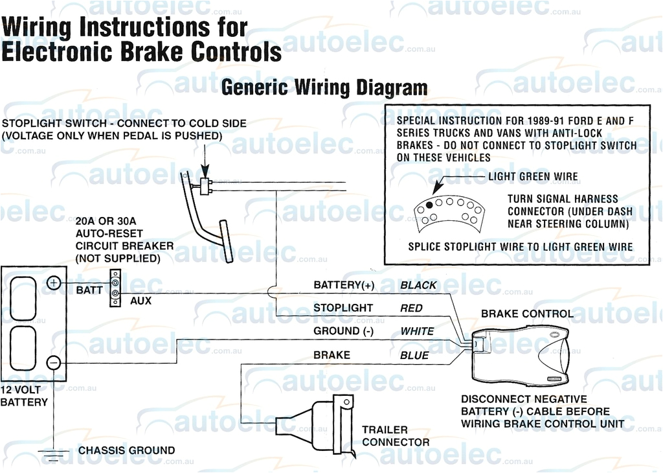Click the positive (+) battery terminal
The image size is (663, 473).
[54, 283]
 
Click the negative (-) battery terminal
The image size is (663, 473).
[54, 362]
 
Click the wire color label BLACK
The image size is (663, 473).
[418, 285]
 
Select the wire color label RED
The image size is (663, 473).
[411, 308]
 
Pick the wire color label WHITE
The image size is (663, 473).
[417, 331]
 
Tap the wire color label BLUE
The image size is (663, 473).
[414, 355]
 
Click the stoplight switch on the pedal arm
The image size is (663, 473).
[207, 186]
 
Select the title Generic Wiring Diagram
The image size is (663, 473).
[324, 88]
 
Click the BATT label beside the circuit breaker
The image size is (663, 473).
[89, 290]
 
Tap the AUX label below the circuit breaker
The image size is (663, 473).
[141, 301]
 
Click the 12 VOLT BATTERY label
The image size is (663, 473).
[24, 396]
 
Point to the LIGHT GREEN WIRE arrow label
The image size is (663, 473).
[533, 176]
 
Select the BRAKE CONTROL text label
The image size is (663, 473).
[526, 314]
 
